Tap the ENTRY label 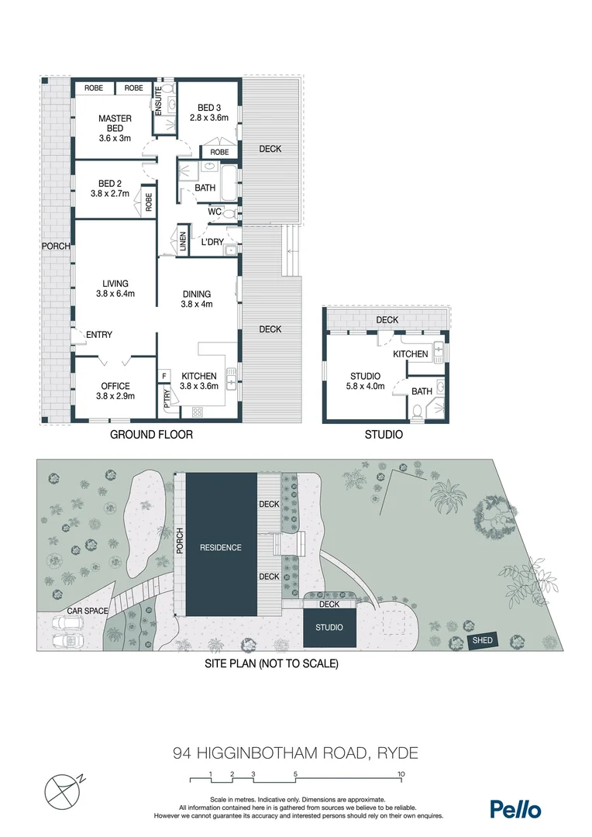(99, 335)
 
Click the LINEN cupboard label (182, 243)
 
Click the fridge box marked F (164, 376)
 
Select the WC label (215, 211)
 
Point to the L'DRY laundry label (212, 243)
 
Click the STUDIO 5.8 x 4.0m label (367, 381)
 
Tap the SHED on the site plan (482, 641)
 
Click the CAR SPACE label (86, 611)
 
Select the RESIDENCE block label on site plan (221, 547)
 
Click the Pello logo (515, 809)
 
